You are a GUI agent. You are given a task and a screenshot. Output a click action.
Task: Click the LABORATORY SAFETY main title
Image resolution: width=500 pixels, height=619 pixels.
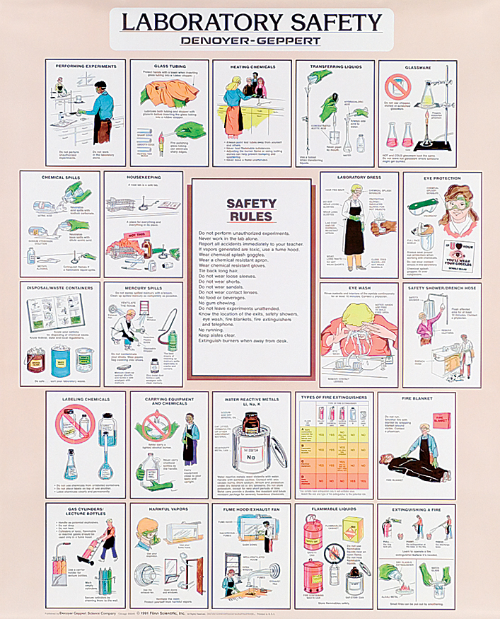[x=250, y=22]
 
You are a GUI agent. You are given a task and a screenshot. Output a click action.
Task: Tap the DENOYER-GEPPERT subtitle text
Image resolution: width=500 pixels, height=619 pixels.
[x=250, y=42]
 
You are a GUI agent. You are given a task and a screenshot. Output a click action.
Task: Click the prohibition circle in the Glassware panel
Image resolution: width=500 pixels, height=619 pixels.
[x=397, y=88]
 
